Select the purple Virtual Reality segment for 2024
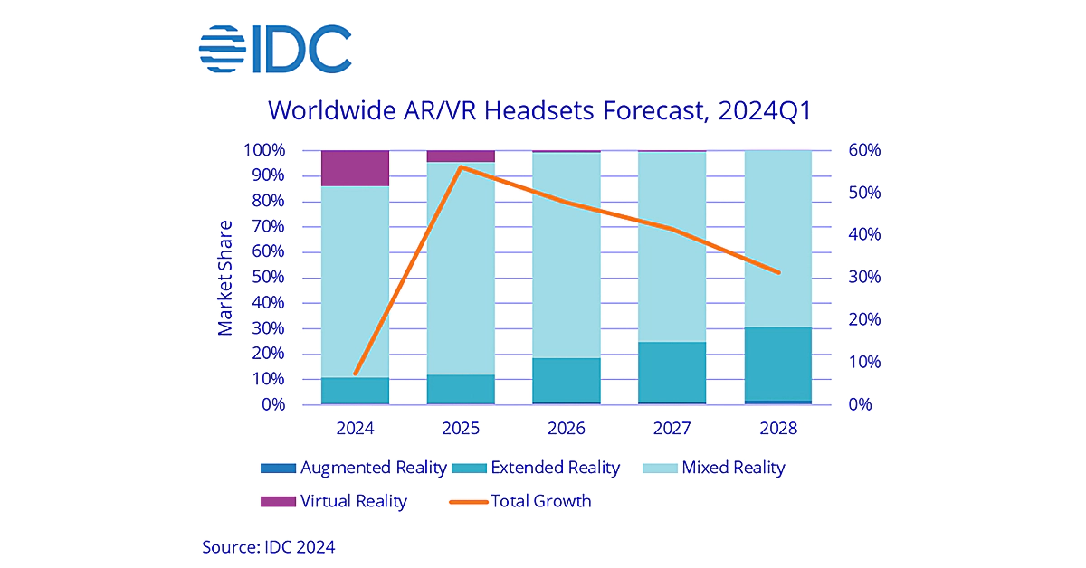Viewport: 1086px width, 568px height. (355, 168)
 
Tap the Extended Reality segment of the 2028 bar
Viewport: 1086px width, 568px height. (778, 364)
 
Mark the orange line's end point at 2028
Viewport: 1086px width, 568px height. (778, 272)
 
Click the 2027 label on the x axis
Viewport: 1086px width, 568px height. (672, 428)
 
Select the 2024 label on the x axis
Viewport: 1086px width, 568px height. (355, 428)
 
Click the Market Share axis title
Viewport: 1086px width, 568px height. (225, 277)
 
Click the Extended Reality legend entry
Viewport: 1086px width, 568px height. (542, 468)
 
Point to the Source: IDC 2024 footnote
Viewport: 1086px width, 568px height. (268, 546)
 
